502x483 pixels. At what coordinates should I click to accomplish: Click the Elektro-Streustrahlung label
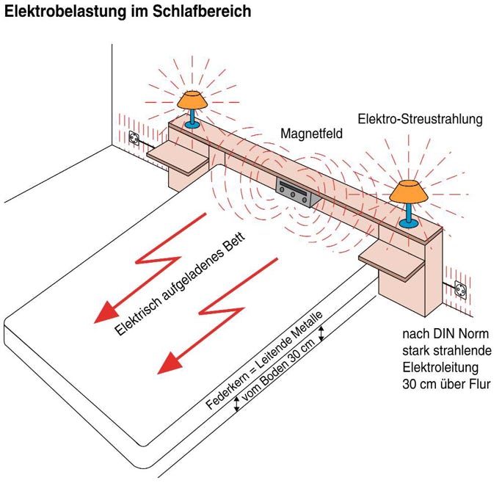click(x=420, y=118)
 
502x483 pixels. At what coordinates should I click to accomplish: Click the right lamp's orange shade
click(x=408, y=192)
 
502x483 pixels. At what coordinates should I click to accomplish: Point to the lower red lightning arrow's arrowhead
click(x=170, y=363)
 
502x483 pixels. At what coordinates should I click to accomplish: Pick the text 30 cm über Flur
click(x=445, y=384)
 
